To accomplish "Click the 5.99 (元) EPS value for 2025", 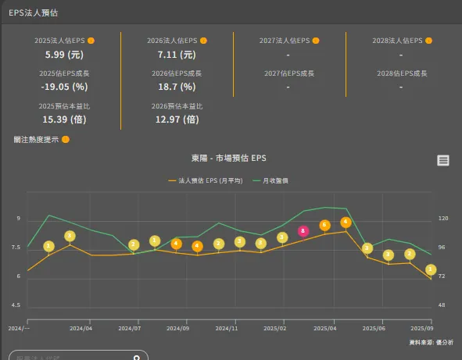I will click(x=64, y=55).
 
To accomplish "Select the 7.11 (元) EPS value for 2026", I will click(x=177, y=55).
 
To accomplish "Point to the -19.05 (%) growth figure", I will click(x=64, y=87).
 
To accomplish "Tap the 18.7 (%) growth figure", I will click(x=177, y=87).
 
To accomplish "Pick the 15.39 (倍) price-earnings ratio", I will click(x=64, y=119).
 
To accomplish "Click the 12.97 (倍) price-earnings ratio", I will click(x=177, y=119).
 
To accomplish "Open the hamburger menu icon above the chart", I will click(x=443, y=160).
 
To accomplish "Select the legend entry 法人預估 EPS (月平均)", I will click(x=206, y=180).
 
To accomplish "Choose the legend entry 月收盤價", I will click(x=271, y=180).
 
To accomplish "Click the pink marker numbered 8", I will click(x=303, y=231).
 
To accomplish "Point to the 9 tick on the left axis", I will click(x=18, y=219).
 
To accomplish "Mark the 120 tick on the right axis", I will click(x=443, y=219).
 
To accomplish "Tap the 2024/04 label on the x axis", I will click(x=81, y=329).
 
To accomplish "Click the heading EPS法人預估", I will click(x=33, y=13).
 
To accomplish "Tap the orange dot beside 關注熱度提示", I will click(x=66, y=140).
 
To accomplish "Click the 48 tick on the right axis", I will click(x=442, y=305).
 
